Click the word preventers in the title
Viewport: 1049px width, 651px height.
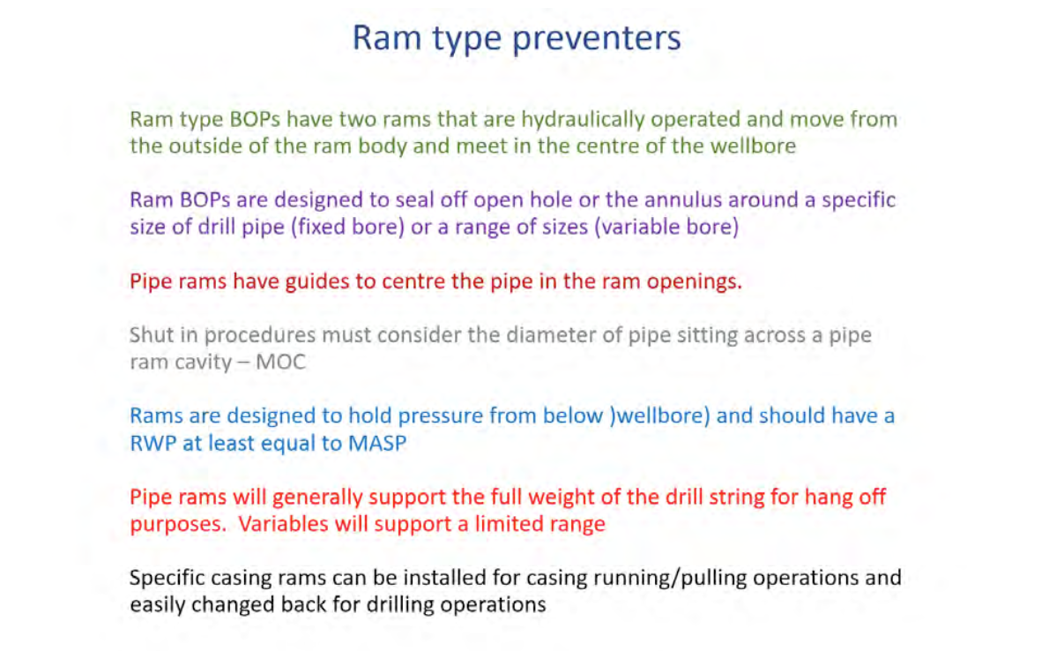pyautogui.click(x=597, y=38)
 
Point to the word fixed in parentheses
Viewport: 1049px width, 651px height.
pyautogui.click(x=317, y=227)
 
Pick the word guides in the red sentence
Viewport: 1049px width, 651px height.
pyautogui.click(x=317, y=282)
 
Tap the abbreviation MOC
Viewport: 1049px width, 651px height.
pyautogui.click(x=280, y=363)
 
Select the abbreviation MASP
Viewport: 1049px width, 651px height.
pyautogui.click(x=376, y=444)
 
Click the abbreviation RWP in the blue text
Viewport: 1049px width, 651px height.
pyautogui.click(x=153, y=444)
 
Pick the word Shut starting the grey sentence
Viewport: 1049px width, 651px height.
pyautogui.click(x=152, y=335)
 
